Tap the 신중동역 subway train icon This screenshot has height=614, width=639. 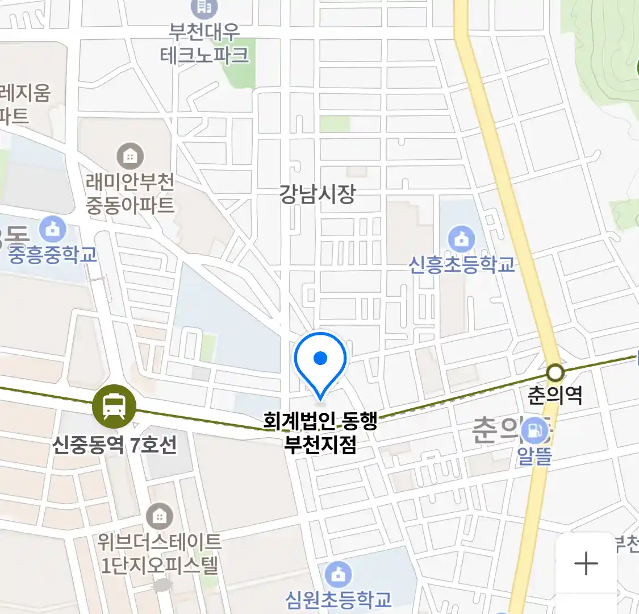click(115, 406)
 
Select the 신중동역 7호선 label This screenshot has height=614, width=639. click(115, 444)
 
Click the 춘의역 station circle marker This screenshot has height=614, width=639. click(555, 373)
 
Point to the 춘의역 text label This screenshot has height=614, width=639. click(555, 395)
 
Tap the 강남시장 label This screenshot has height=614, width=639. click(317, 194)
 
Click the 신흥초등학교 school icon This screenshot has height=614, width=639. click(461, 239)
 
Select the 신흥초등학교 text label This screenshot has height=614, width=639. click(462, 264)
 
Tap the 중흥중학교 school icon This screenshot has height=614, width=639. click(53, 230)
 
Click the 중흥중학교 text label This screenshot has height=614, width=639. click(53, 255)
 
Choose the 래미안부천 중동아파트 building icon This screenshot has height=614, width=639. click(130, 156)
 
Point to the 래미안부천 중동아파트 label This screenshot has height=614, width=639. click(130, 193)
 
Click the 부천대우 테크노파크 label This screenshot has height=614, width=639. click(204, 43)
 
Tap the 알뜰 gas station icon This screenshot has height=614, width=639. click(534, 430)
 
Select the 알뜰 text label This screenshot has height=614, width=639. click(534, 455)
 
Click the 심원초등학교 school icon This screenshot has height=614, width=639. click(339, 574)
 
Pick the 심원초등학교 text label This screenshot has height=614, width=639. click(339, 599)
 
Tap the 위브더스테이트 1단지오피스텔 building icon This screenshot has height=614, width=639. click(160, 517)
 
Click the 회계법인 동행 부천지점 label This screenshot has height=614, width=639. click(320, 433)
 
